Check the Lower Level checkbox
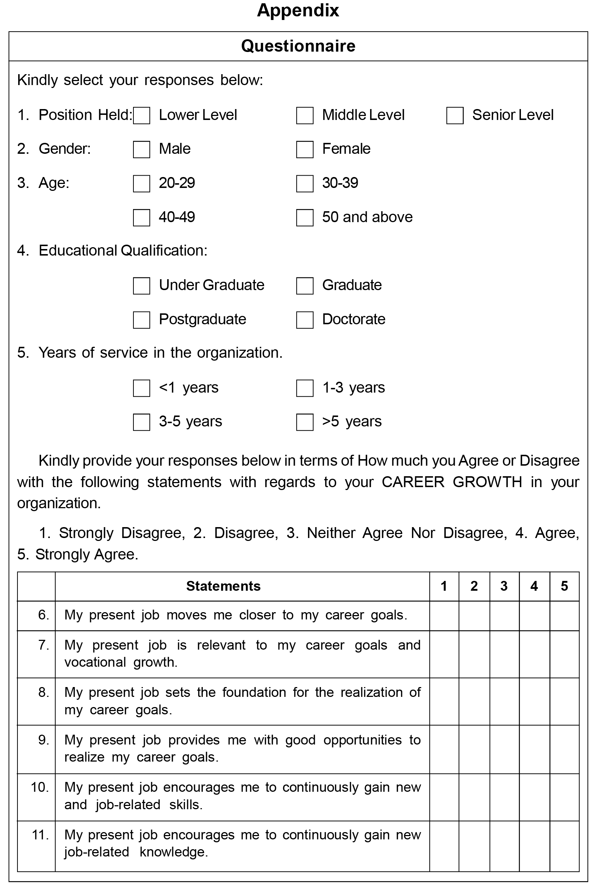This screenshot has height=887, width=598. (x=141, y=116)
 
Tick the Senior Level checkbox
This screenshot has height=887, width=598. (x=455, y=116)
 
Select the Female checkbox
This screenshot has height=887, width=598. (x=304, y=149)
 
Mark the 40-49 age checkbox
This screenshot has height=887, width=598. (x=141, y=218)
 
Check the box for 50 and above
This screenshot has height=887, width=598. (x=304, y=218)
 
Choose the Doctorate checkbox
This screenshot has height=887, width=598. (x=304, y=320)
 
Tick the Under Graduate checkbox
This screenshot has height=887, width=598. (x=141, y=286)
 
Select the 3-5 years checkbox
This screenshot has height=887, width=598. (x=141, y=422)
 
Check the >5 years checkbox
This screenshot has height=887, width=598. (x=304, y=422)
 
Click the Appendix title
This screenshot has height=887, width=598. (x=298, y=10)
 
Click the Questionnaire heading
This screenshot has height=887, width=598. (x=298, y=46)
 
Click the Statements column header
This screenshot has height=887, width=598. (x=223, y=586)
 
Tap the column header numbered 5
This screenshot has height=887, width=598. (x=564, y=586)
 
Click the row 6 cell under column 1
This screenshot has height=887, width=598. (x=444, y=615)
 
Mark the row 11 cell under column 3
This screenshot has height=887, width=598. (x=504, y=846)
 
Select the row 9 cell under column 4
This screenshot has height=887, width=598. (x=534, y=749)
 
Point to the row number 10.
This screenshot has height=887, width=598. (x=40, y=787)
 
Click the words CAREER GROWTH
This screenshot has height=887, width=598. (x=451, y=482)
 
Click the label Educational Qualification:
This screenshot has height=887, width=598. (x=123, y=250)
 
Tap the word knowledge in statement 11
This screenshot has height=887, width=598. (x=173, y=852)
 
